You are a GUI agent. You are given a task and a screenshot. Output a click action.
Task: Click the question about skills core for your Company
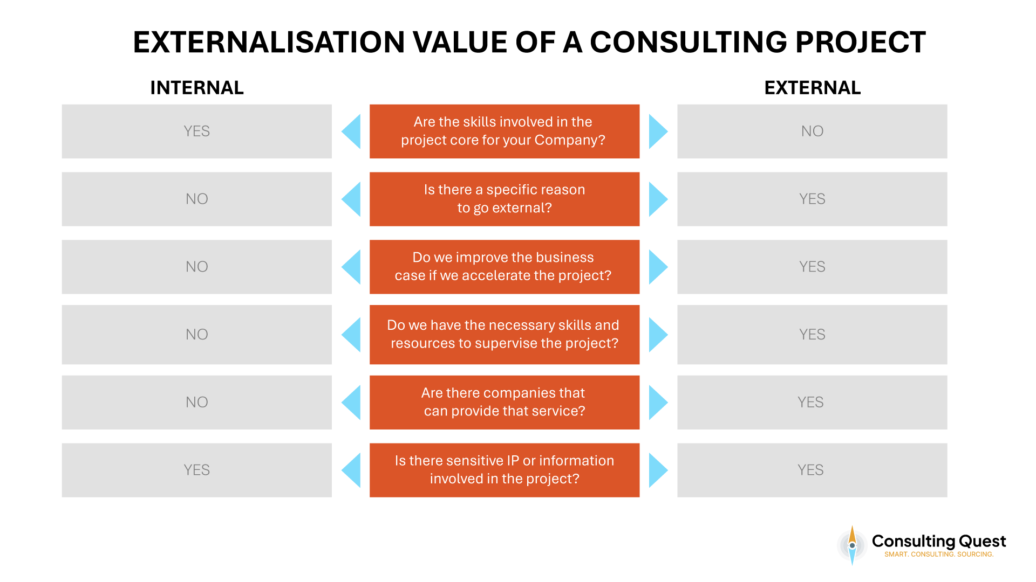click(x=504, y=131)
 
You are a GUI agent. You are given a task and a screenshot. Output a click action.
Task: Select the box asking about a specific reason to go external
click(x=504, y=199)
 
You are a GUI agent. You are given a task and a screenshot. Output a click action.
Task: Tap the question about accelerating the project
click(x=504, y=267)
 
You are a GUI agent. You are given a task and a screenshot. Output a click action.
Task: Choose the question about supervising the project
click(x=504, y=335)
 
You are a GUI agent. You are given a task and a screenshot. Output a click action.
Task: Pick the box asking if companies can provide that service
click(x=504, y=402)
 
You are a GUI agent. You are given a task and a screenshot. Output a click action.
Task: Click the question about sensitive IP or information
click(x=504, y=470)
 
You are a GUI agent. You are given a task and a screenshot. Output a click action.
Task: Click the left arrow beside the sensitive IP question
click(x=352, y=470)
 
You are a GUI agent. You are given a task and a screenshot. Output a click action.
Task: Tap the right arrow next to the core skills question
click(x=657, y=131)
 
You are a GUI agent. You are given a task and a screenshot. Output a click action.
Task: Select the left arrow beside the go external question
click(x=352, y=199)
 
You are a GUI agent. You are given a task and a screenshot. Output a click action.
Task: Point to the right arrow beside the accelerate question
click(x=657, y=267)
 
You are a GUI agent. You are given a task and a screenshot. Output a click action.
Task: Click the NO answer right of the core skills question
click(x=812, y=131)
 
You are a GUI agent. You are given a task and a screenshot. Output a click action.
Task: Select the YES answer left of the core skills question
click(x=196, y=131)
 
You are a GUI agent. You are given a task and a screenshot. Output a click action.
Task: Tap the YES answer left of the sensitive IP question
click(x=196, y=470)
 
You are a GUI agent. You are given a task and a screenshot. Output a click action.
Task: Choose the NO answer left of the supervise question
click(x=196, y=335)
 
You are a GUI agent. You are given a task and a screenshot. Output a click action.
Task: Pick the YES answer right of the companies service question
click(x=812, y=402)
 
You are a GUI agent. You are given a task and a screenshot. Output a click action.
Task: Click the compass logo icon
click(x=852, y=545)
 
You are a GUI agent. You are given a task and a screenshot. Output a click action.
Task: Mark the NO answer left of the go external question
click(x=196, y=199)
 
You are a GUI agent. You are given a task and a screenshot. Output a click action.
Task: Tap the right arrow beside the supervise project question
click(x=657, y=335)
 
